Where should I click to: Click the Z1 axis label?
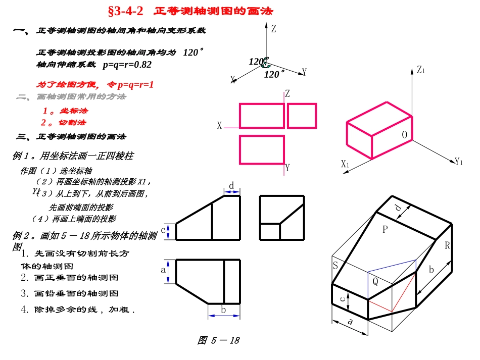pyautogui.click(x=421, y=70)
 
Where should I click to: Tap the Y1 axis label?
pyautogui.click(x=459, y=162)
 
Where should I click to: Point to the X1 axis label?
pyautogui.click(x=345, y=164)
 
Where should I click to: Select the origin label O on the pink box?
pyautogui.click(x=405, y=134)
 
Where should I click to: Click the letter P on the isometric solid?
pyautogui.click(x=385, y=229)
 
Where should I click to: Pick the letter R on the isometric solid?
pyautogui.click(x=447, y=246)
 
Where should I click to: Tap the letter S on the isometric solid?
pyautogui.click(x=334, y=266)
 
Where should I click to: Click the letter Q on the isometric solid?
pyautogui.click(x=375, y=282)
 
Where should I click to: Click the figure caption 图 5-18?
pyautogui.click(x=218, y=340)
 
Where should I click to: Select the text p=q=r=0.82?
pyautogui.click(x=127, y=65)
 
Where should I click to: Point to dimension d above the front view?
pyautogui.click(x=231, y=186)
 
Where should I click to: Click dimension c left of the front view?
pyautogui.click(x=163, y=230)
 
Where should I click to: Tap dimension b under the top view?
pyautogui.click(x=223, y=310)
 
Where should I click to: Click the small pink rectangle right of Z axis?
pyautogui.click(x=302, y=116)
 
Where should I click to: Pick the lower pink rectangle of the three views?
pyautogui.click(x=261, y=150)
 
